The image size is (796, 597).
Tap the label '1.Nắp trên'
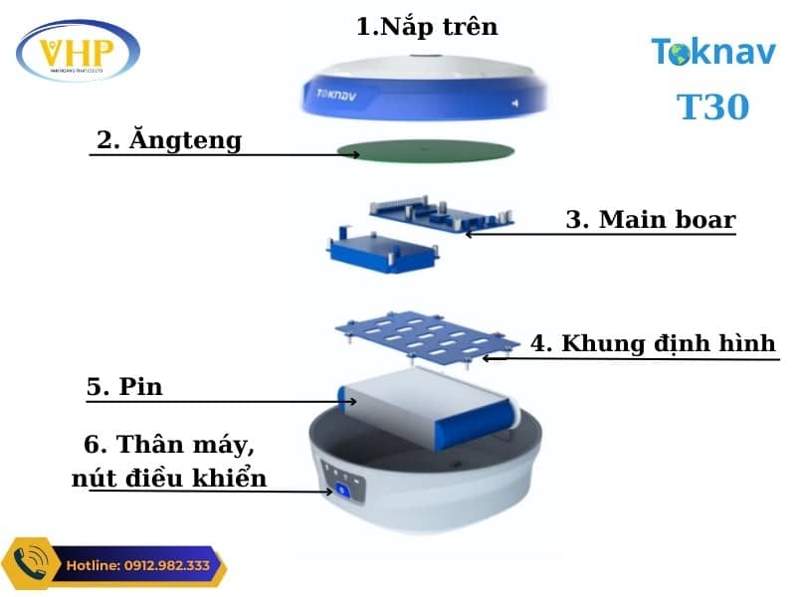point(427,26)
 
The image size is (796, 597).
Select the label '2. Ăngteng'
point(168,140)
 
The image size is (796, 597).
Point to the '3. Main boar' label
point(650,220)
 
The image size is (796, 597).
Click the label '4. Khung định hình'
point(653,344)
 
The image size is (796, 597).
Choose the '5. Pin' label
point(123,387)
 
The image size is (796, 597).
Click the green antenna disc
point(426,151)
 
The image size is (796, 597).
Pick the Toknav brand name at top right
point(712,52)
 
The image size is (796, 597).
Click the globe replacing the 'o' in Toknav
point(681,55)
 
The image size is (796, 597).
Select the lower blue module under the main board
point(382,248)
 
